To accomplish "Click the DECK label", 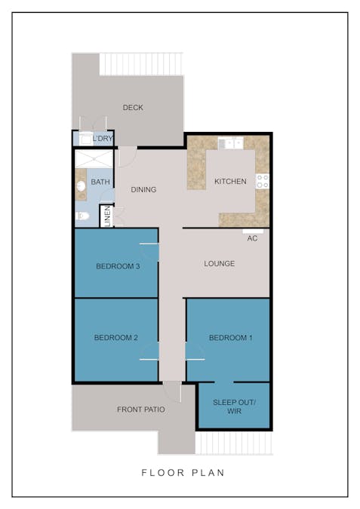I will [x=133, y=108].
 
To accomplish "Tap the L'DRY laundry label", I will [x=102, y=140].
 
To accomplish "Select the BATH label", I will [x=100, y=182].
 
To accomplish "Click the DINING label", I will [x=143, y=190].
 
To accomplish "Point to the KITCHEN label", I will [x=230, y=182].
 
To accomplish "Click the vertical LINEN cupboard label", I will [x=108, y=217].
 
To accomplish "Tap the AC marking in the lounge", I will [x=252, y=238].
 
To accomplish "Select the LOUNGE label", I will [x=220, y=264].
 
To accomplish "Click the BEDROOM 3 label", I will [x=117, y=266].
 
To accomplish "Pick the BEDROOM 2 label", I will [x=115, y=338].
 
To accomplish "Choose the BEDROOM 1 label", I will [x=231, y=338].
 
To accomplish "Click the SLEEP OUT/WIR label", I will [x=234, y=407].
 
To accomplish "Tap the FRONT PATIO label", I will [x=141, y=410].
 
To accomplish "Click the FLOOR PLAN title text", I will [x=183, y=473].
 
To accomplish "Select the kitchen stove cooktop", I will [x=263, y=181].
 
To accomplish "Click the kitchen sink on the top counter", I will [x=229, y=143].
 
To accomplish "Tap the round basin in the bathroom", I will [x=82, y=186].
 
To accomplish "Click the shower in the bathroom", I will [x=94, y=160].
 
